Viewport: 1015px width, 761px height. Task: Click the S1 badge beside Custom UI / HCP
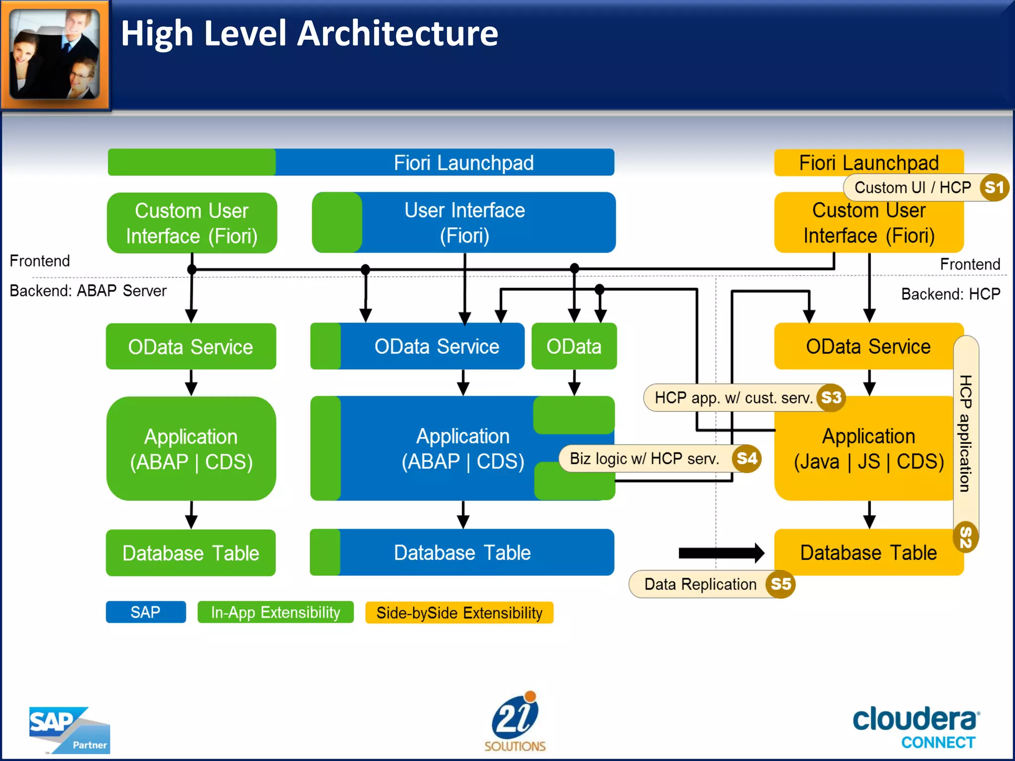click(x=994, y=188)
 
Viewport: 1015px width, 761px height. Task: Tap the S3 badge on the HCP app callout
click(x=831, y=397)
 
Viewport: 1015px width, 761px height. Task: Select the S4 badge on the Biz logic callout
click(x=747, y=458)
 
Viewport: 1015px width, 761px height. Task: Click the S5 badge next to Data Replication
click(x=781, y=584)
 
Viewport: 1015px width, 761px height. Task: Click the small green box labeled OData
click(x=574, y=346)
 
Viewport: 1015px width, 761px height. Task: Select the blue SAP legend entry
click(x=146, y=612)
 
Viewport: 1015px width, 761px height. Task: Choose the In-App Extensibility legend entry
click(x=276, y=612)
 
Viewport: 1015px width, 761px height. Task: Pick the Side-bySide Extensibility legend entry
click(x=459, y=613)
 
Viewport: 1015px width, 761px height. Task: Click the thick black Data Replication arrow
click(x=721, y=553)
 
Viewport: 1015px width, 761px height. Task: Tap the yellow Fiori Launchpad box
click(x=868, y=163)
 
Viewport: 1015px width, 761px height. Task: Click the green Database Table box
click(x=191, y=553)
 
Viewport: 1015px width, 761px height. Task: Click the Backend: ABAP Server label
click(x=88, y=291)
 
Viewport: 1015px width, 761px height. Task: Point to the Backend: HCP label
click(x=950, y=294)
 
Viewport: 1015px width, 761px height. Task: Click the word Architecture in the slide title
click(x=397, y=34)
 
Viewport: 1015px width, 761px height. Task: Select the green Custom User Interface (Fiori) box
click(x=192, y=223)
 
